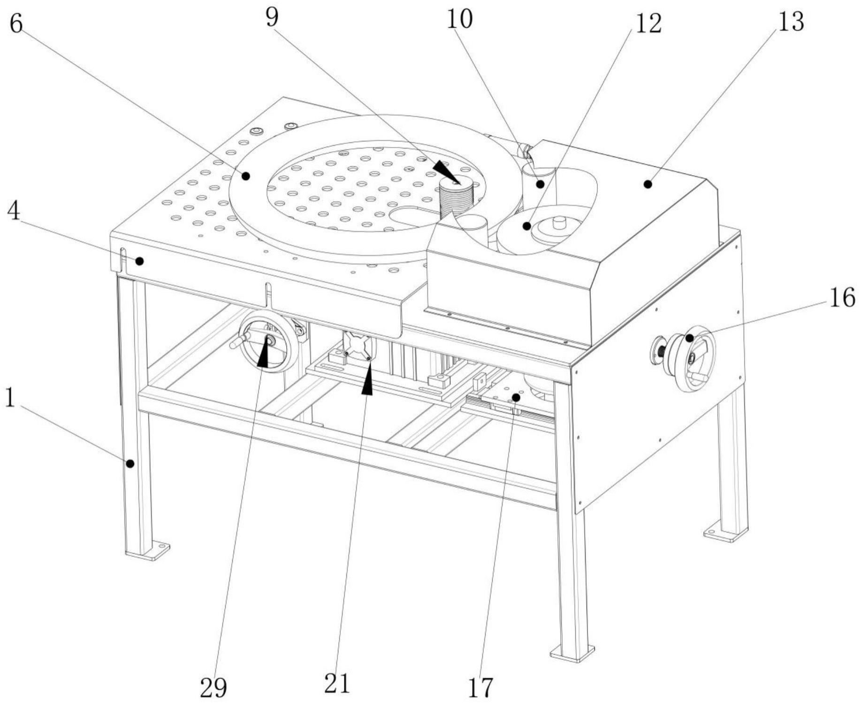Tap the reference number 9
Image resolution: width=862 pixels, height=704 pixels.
coord(272,18)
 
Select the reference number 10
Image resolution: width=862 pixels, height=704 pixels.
coord(459,20)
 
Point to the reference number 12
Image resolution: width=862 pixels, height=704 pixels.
coord(648,23)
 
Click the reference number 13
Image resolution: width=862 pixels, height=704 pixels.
coord(791,22)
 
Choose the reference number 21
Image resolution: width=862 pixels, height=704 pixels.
coord(337,683)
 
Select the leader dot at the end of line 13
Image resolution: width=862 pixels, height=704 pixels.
coord(648,185)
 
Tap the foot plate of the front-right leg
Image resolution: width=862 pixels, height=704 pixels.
coord(572,653)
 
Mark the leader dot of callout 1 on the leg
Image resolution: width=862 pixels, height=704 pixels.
coord(130,464)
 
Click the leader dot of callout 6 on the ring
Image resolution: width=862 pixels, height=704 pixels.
coord(245,176)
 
